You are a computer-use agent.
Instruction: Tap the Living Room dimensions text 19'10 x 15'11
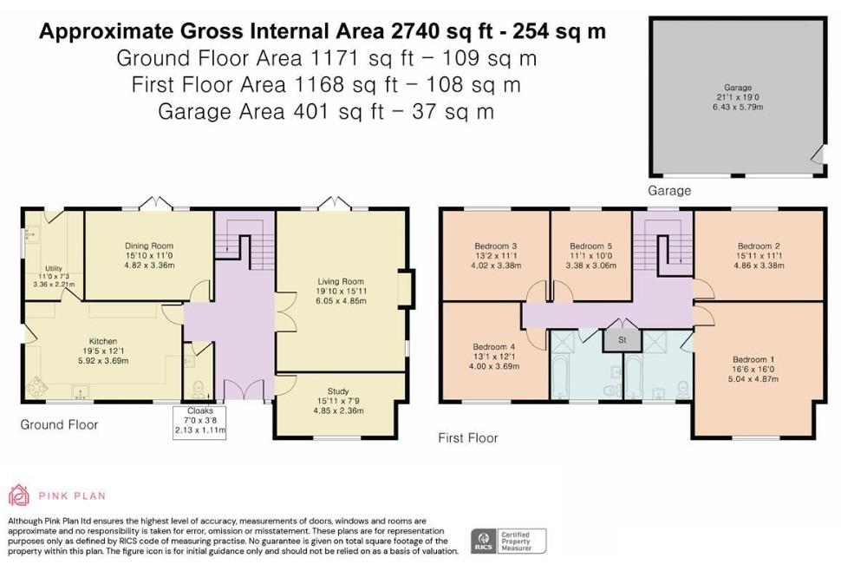click(x=340, y=292)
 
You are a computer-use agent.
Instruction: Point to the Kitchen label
click(x=102, y=341)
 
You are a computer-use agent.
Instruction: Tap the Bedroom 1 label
click(x=749, y=359)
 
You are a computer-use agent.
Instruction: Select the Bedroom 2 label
click(x=754, y=246)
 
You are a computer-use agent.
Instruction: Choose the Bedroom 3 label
click(x=495, y=246)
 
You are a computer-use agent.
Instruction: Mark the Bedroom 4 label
click(x=495, y=355)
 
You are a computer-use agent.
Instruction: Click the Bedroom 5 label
click(x=591, y=246)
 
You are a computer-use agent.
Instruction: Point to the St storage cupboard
click(x=622, y=340)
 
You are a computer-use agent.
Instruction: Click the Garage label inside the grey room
click(x=737, y=88)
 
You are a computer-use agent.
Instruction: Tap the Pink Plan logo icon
click(x=19, y=496)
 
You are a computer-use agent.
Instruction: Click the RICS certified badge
click(x=508, y=541)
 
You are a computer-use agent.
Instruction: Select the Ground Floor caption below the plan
click(x=59, y=424)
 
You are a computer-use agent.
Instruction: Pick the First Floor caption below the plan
click(x=468, y=438)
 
